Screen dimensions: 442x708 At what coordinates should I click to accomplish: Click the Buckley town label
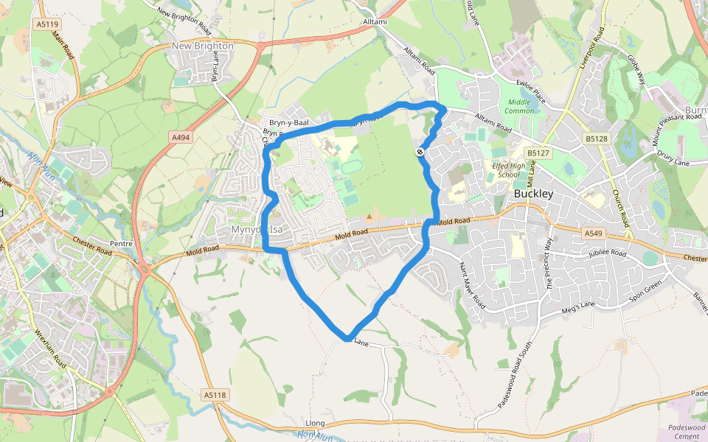point(533,194)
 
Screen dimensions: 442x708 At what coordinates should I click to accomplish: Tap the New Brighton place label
point(202,46)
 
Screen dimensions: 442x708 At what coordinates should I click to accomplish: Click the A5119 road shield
point(47,24)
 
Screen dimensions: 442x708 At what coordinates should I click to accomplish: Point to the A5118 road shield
point(214,396)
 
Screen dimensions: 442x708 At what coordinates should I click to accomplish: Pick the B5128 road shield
point(597,138)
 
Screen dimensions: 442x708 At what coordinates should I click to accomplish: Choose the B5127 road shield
point(538,153)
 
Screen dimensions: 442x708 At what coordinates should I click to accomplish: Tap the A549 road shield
point(593,234)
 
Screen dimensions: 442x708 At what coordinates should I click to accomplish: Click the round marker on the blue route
point(420,152)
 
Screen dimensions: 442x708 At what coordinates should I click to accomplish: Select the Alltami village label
point(375,22)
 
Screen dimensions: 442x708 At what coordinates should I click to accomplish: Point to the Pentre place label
point(120,242)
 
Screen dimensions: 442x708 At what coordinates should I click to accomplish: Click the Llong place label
point(315,424)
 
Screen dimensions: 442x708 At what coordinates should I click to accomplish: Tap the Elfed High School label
point(508,171)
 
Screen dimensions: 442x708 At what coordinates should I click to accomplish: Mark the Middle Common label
point(519,106)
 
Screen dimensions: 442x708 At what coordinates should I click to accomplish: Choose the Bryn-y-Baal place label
point(288,122)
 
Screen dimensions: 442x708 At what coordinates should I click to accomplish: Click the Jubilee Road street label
point(607,253)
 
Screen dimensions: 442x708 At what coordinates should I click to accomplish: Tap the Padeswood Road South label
point(518,383)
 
